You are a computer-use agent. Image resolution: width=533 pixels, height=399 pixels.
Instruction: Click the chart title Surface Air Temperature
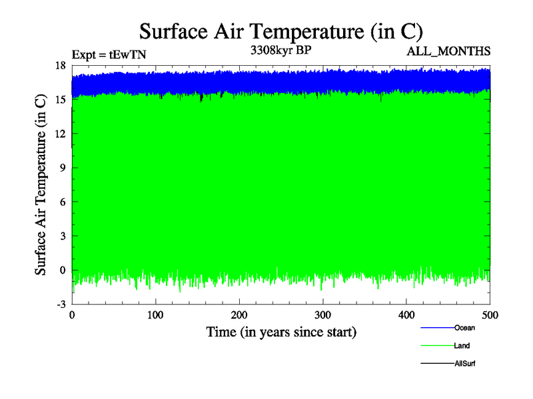click(280, 31)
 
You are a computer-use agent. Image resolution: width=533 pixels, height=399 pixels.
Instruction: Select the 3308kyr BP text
click(280, 50)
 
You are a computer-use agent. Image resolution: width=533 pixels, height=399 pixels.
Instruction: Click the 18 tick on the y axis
click(60, 65)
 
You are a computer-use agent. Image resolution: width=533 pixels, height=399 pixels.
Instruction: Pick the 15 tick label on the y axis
click(60, 99)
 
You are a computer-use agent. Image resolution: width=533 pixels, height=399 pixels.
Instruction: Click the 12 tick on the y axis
click(60, 134)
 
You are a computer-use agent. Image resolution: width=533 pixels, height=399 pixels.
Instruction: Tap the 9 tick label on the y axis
click(63, 168)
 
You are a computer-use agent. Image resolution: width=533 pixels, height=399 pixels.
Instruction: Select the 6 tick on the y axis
click(63, 201)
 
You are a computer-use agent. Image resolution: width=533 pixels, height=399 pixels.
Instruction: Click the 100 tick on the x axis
click(156, 315)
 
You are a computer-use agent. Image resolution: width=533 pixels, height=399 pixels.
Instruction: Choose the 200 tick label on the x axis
click(239, 315)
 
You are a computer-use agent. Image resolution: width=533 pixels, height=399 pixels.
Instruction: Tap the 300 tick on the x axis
click(323, 315)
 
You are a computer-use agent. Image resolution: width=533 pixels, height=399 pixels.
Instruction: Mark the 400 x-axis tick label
click(406, 315)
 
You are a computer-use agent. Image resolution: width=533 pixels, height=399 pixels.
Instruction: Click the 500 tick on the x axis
click(490, 315)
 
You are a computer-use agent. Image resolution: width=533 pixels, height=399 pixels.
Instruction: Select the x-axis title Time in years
click(280, 331)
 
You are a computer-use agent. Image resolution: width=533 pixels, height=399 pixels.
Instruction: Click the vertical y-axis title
click(41, 185)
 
